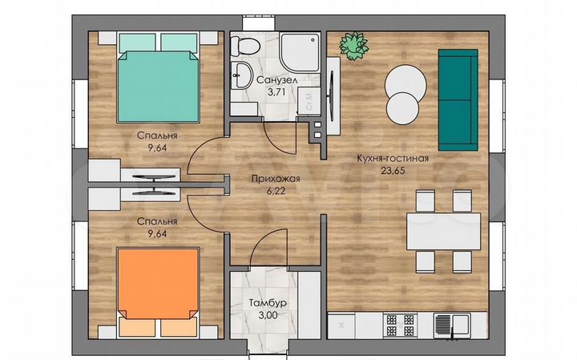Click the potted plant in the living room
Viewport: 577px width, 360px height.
350,45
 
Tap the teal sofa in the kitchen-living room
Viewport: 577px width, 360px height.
458,99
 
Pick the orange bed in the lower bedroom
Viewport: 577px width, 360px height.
159,286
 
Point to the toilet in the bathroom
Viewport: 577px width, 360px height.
243,46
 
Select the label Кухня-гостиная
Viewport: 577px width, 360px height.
393,159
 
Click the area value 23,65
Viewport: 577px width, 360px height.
393,171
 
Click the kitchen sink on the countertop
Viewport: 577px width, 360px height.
453,325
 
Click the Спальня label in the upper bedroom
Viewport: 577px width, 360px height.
156,136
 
